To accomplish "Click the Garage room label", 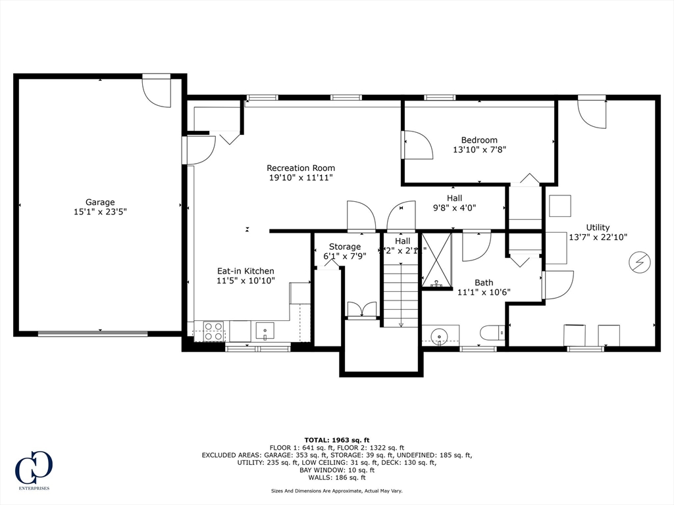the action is (x=100, y=202).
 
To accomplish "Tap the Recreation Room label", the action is (x=300, y=168).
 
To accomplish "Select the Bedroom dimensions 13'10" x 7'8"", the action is (x=479, y=150).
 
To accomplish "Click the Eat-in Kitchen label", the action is (x=246, y=271).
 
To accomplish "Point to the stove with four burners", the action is (x=214, y=331).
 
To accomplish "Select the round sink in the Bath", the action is (x=438, y=335).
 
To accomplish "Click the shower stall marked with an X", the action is (x=436, y=260).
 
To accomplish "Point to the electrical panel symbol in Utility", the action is (x=639, y=262).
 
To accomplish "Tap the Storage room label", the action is (x=345, y=247).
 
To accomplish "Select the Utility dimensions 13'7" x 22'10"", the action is (x=598, y=237).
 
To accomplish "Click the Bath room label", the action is (x=484, y=283).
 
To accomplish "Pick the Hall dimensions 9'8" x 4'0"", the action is (x=454, y=208).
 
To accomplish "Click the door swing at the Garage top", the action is (x=157, y=91).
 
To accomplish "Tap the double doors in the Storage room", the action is (x=362, y=310).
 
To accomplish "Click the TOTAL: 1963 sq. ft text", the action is (x=337, y=440).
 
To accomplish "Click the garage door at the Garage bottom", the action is (x=92, y=333).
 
